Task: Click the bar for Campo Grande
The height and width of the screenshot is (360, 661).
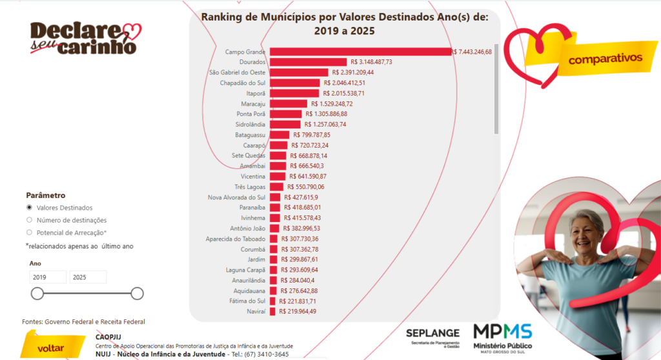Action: [360, 52]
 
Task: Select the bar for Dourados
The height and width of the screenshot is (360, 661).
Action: [309, 62]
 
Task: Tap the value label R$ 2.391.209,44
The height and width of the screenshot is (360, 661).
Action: [354, 72]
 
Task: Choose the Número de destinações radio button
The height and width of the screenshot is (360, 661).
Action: [29, 220]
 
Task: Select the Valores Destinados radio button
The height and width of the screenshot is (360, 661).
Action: [29, 208]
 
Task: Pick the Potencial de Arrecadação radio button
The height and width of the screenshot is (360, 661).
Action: [29, 232]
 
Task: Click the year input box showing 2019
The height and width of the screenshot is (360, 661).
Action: [48, 277]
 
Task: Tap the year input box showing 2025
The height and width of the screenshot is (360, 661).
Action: [88, 277]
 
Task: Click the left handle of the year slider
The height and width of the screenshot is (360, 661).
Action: [37, 294]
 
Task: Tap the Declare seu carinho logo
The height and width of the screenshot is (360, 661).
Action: [85, 38]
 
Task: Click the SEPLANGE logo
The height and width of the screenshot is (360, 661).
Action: [432, 335]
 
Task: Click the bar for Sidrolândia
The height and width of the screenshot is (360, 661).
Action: [285, 124]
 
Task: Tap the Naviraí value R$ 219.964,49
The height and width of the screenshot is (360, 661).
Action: [298, 311]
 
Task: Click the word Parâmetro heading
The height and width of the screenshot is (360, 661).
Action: [45, 195]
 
